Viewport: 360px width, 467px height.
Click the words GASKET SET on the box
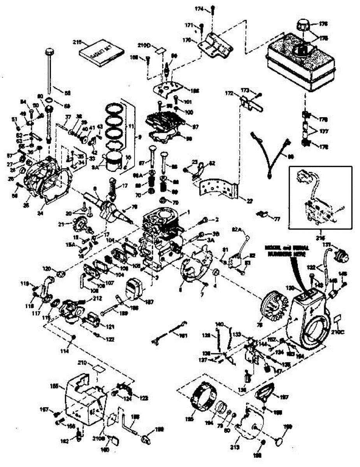click(102, 53)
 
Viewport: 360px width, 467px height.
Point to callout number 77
click(277, 219)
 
